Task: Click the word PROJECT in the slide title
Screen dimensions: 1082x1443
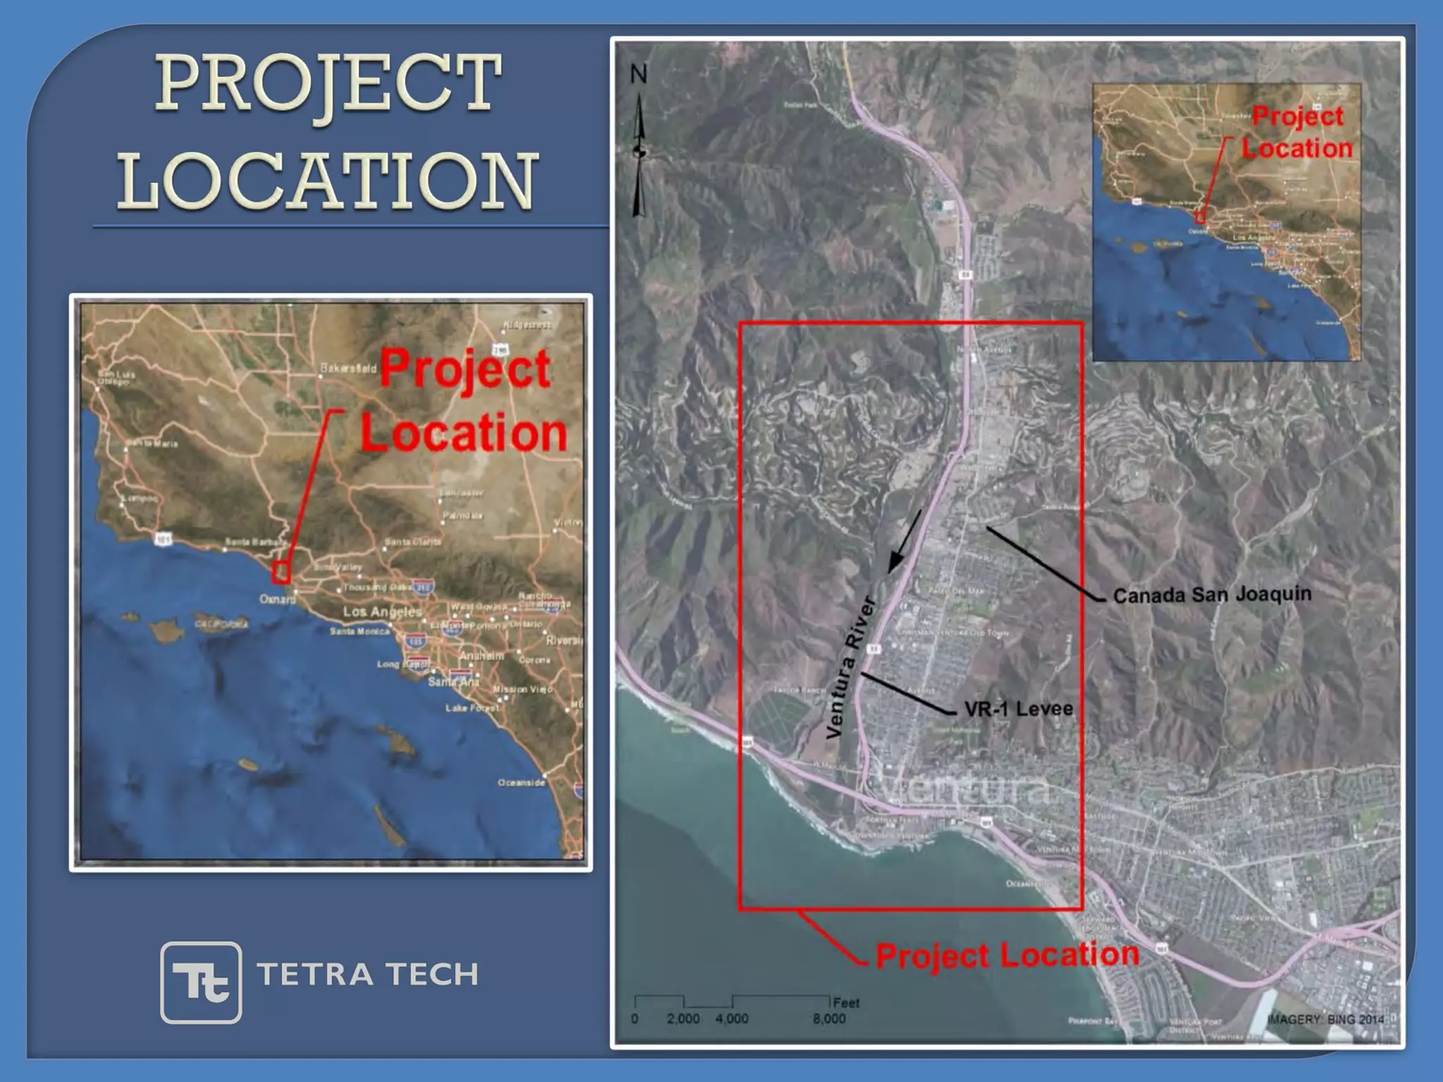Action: (328, 84)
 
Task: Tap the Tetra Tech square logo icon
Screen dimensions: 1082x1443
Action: (201, 982)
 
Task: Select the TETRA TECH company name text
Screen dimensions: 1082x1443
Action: (368, 975)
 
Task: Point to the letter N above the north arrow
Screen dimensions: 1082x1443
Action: (638, 74)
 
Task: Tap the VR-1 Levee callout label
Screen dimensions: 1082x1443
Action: (1018, 709)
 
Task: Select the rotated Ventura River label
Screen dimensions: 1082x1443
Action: (850, 667)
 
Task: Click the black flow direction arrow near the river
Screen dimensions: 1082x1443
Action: (905, 540)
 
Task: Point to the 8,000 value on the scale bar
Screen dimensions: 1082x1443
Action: (829, 1019)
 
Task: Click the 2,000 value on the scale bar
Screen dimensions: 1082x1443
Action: (683, 1019)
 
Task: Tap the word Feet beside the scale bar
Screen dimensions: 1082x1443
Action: (846, 1002)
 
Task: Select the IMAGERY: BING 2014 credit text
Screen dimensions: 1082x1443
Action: (1325, 1019)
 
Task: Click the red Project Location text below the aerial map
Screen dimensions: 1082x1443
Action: (1008, 955)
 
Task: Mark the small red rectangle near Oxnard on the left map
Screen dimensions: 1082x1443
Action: (282, 572)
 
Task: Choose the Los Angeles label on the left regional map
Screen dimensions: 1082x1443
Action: (382, 611)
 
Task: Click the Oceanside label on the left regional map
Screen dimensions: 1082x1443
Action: (521, 783)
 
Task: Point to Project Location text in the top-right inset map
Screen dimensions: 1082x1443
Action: (1296, 132)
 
